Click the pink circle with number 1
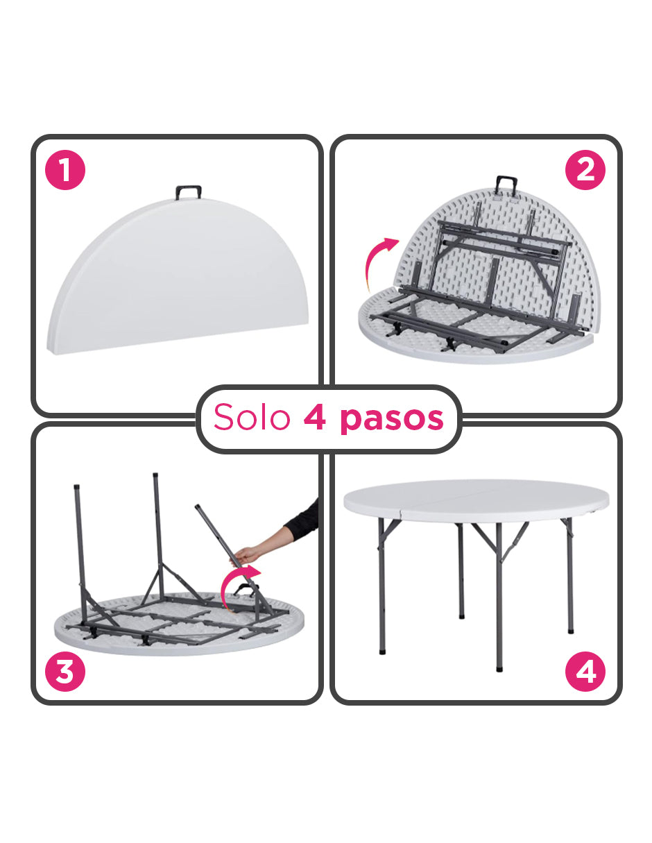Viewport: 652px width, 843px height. point(65,171)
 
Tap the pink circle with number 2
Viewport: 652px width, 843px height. point(585,171)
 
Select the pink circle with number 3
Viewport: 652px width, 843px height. point(65,672)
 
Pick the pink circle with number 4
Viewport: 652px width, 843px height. point(585,672)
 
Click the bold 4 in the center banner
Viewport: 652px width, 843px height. point(315,418)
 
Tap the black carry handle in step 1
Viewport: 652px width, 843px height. point(188,192)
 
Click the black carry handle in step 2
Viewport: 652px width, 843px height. point(507,185)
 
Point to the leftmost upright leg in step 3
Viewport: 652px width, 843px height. point(80,548)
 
